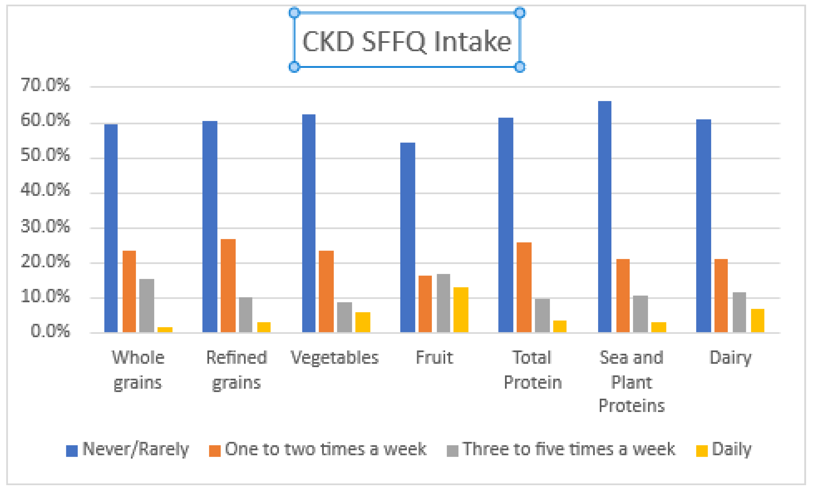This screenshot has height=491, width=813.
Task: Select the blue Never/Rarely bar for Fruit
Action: coord(407,238)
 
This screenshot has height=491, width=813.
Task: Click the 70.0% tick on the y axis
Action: coord(45,85)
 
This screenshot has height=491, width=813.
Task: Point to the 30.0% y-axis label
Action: coord(45,227)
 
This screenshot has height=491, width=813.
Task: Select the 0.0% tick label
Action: coord(50,331)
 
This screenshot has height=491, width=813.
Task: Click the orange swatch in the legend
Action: coord(215,451)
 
